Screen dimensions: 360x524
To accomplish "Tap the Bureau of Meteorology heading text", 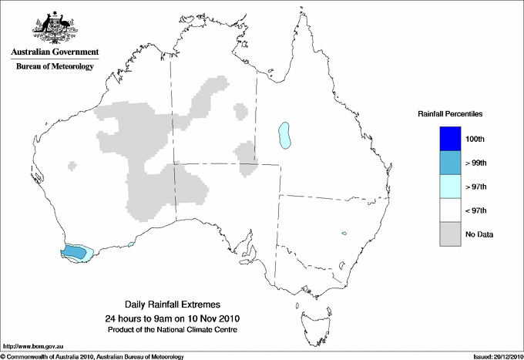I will (55, 67).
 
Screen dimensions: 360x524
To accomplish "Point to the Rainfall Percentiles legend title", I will (450, 114).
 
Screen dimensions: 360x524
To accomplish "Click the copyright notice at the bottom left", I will (92, 356).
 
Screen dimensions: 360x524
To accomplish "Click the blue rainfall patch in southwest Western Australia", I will (75, 251).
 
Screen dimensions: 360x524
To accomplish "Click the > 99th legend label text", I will (475, 163).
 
